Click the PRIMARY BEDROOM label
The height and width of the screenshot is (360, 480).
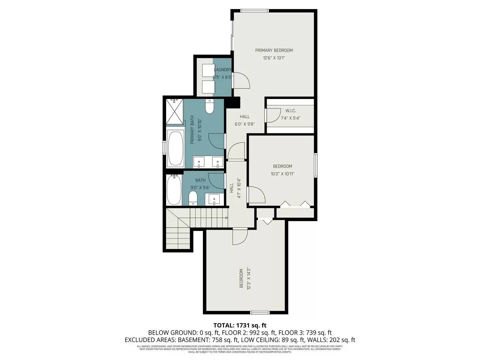tap(274, 50)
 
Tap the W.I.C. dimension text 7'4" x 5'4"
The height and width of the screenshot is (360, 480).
tap(291, 118)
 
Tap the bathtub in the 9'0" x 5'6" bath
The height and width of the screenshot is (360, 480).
tap(174, 190)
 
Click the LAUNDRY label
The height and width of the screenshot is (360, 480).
tap(223, 70)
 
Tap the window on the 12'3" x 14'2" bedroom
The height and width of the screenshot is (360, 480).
tap(260, 312)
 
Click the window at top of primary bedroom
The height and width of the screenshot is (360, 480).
tap(254, 11)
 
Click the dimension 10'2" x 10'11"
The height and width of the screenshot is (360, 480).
tap(282, 174)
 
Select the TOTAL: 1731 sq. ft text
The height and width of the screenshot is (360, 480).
tap(240, 325)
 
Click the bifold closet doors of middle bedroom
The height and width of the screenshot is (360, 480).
tap(295, 204)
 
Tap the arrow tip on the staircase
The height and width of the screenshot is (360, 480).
tap(227, 218)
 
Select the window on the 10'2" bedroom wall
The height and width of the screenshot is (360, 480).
tap(315, 165)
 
